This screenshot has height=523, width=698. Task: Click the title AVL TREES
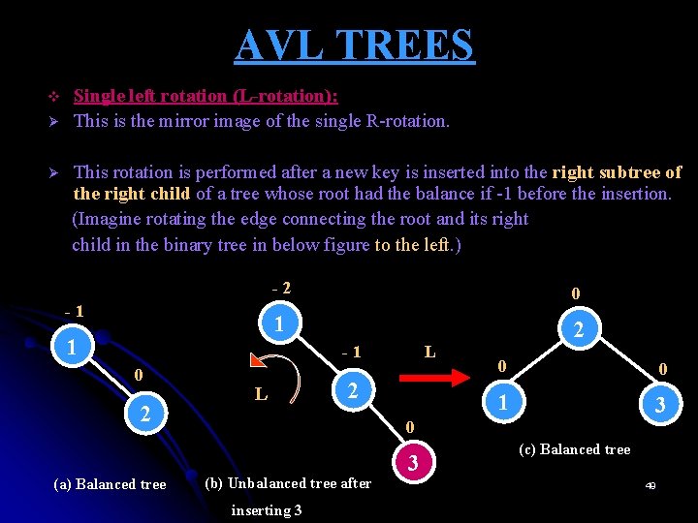coord(355,45)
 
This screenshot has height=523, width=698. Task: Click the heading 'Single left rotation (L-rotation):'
coord(206,96)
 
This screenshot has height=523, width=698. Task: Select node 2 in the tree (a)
coord(144,415)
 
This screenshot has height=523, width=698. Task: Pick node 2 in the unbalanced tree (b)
coord(354,390)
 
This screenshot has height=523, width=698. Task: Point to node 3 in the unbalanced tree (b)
coord(414,464)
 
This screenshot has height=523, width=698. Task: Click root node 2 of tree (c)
coord(578,331)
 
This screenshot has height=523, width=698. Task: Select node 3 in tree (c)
coord(660,406)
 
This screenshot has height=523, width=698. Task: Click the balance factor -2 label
coord(281,288)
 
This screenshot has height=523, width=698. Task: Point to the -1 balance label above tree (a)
coord(73,312)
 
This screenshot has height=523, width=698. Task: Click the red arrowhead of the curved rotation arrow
coord(259,362)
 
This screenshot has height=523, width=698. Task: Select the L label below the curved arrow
coord(261,394)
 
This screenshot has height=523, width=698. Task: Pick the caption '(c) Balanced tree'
coord(574,449)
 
